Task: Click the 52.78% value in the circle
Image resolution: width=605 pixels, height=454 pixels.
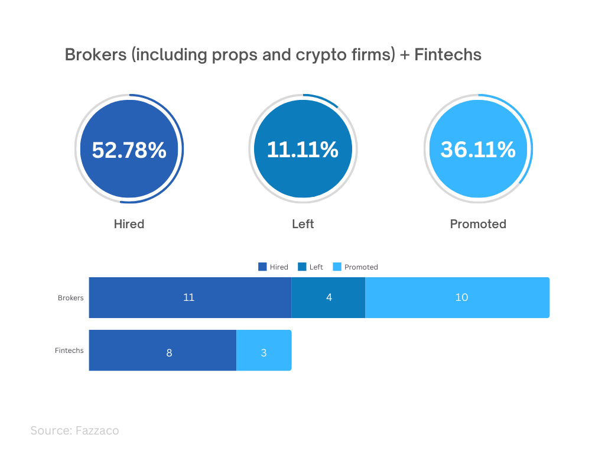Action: click(129, 150)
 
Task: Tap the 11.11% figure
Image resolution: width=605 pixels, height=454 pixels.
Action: click(302, 150)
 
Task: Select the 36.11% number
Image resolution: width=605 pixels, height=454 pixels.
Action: click(478, 150)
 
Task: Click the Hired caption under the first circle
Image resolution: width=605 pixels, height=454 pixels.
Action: click(129, 224)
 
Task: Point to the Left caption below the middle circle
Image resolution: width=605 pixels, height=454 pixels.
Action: click(303, 224)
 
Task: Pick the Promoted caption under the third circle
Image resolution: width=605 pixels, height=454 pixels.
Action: click(478, 224)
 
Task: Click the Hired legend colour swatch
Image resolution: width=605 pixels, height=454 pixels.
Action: click(262, 267)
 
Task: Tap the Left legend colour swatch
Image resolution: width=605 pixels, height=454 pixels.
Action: click(302, 267)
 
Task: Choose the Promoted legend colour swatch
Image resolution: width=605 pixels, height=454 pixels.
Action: click(337, 267)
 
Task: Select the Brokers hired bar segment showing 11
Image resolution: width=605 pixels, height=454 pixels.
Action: click(190, 298)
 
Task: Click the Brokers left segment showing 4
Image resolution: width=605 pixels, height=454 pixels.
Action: click(328, 298)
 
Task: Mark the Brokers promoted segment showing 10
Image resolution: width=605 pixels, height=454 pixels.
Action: click(457, 298)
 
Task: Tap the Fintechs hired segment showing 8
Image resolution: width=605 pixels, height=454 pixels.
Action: click(163, 350)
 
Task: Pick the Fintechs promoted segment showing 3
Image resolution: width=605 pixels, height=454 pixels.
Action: click(264, 350)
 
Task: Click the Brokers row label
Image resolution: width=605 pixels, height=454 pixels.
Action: click(71, 298)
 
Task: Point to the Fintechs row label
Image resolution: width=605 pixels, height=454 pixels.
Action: click(69, 351)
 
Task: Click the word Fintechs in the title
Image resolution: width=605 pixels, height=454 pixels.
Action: click(448, 55)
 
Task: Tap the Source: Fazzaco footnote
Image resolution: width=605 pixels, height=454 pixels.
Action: click(75, 430)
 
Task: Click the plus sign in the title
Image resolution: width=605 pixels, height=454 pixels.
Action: click(405, 56)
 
